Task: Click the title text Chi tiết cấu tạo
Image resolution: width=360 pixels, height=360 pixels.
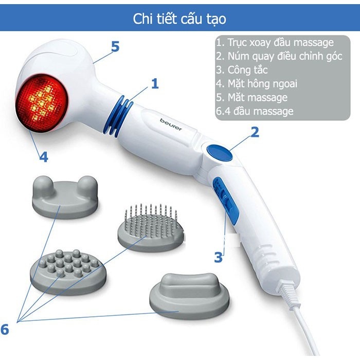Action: tap(179, 19)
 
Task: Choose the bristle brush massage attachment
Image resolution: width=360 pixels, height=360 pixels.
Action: tap(149, 226)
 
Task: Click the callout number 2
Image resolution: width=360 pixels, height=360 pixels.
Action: tap(255, 133)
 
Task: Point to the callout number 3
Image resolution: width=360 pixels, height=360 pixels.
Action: tap(219, 256)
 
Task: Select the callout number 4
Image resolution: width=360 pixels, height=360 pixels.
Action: tap(44, 157)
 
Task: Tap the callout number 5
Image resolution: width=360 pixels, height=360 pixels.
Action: tap(115, 47)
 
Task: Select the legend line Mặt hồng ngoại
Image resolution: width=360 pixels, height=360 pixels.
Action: tap(257, 83)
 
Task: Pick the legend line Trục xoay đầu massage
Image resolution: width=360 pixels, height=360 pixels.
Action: tap(275, 43)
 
